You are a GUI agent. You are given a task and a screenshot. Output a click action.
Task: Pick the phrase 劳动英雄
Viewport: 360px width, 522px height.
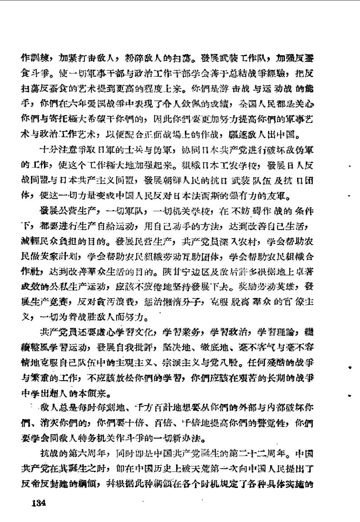[268, 288]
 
